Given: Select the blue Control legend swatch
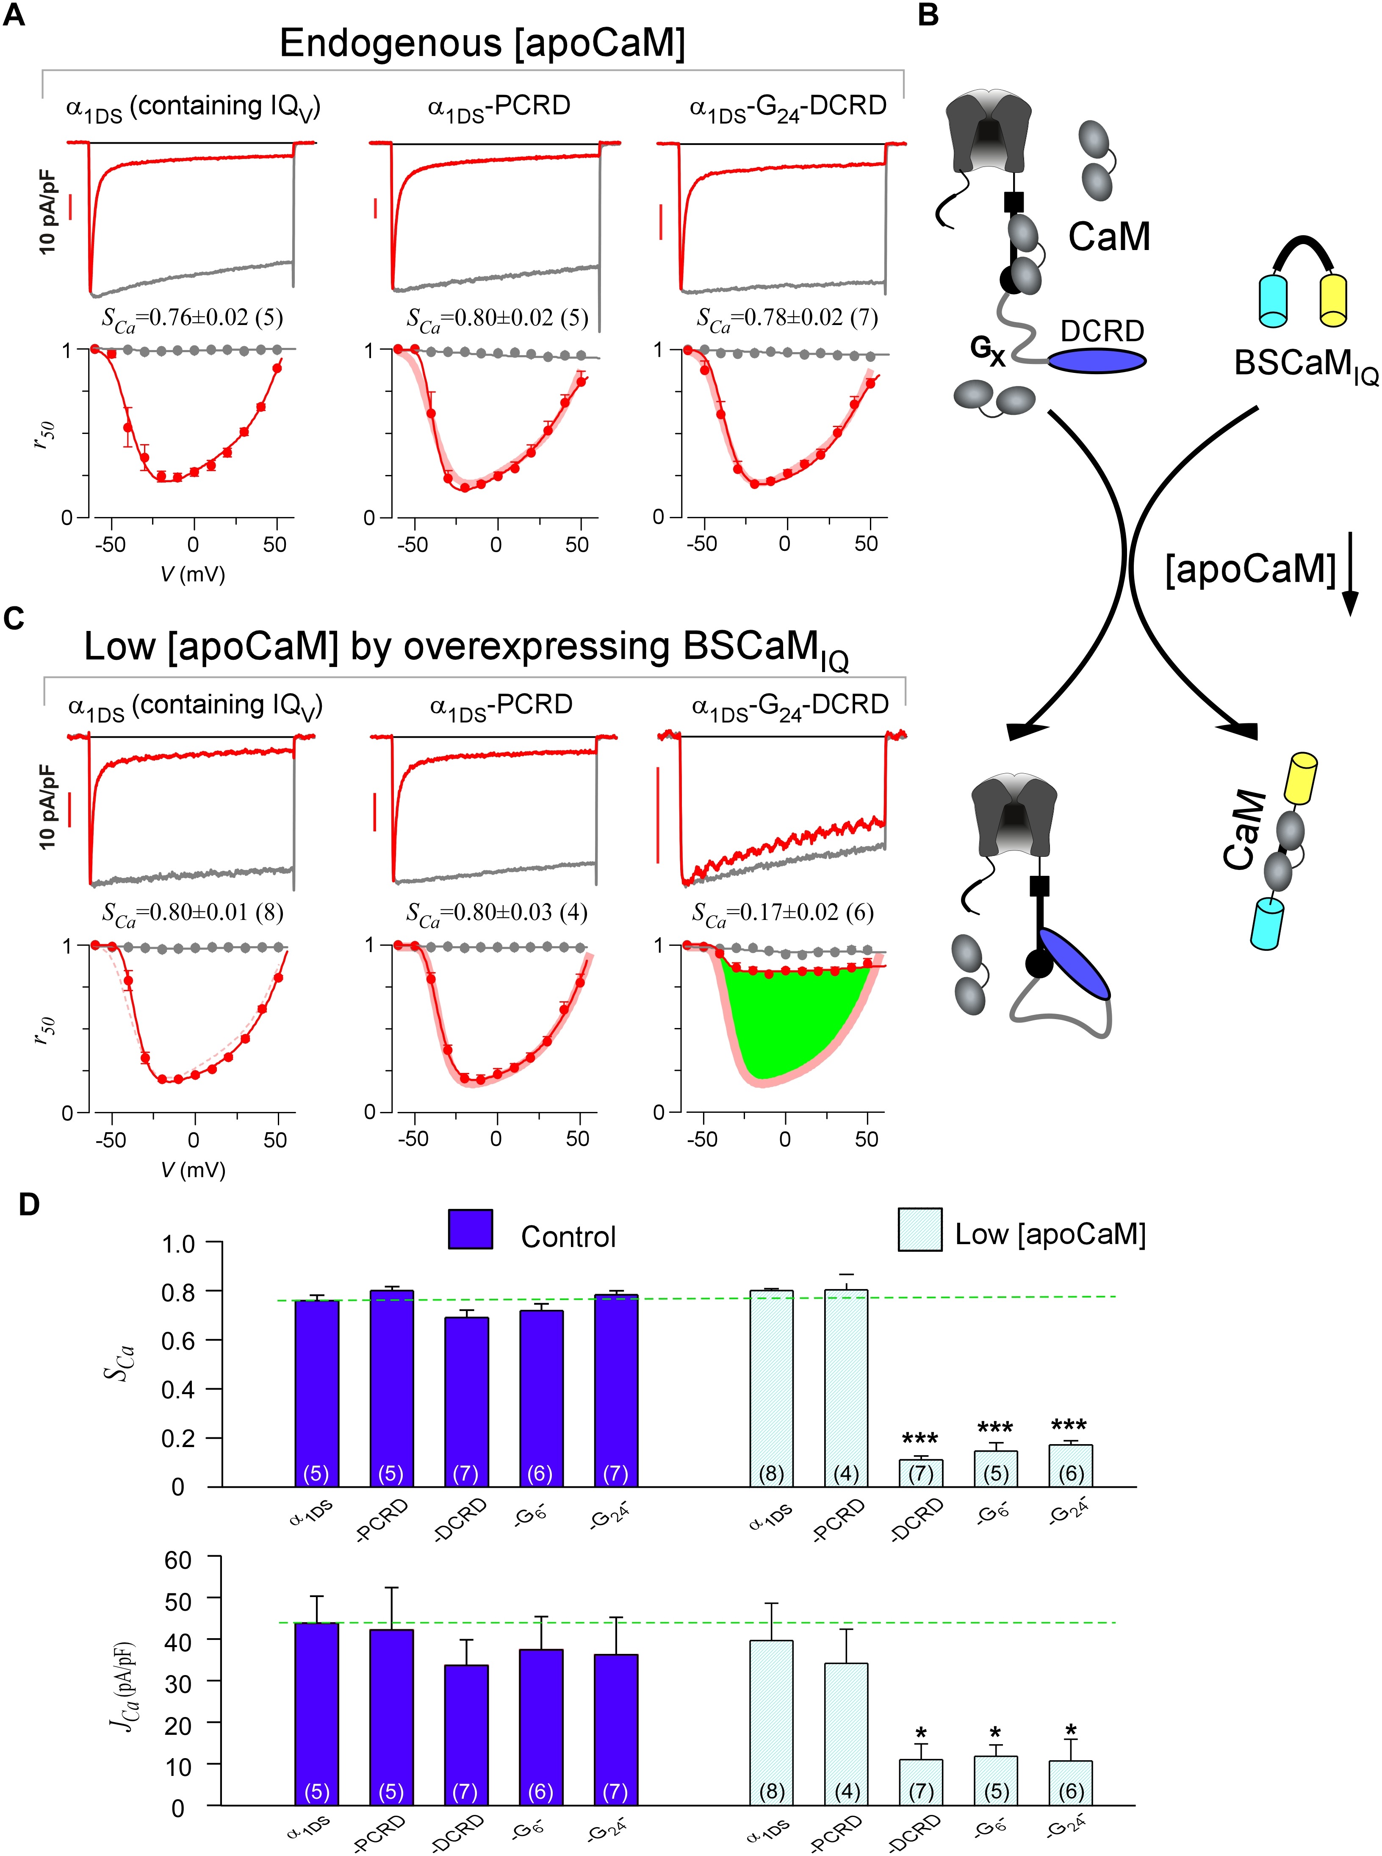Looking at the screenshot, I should tap(470, 1229).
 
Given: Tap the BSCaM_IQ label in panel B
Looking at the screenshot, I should tap(1305, 365).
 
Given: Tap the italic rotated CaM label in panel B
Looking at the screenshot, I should tap(1242, 828).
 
